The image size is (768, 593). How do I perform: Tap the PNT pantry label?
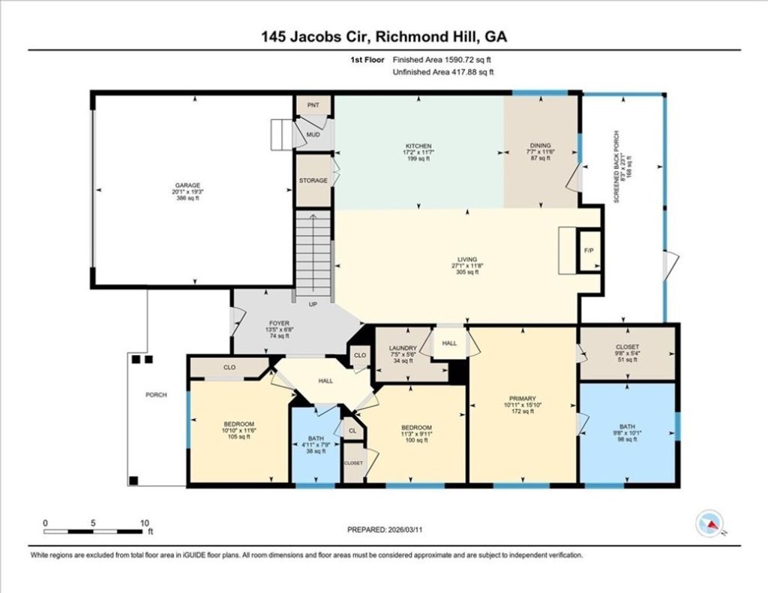[313, 105]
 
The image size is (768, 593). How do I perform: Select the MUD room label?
[313, 136]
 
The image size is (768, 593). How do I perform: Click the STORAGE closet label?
[313, 181]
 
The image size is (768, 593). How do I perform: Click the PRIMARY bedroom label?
[520, 399]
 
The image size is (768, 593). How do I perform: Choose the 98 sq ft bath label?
[627, 432]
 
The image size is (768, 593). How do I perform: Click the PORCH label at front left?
[156, 395]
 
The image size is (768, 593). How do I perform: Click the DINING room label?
[540, 146]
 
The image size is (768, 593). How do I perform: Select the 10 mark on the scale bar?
[145, 523]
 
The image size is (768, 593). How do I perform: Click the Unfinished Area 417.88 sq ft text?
[442, 72]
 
